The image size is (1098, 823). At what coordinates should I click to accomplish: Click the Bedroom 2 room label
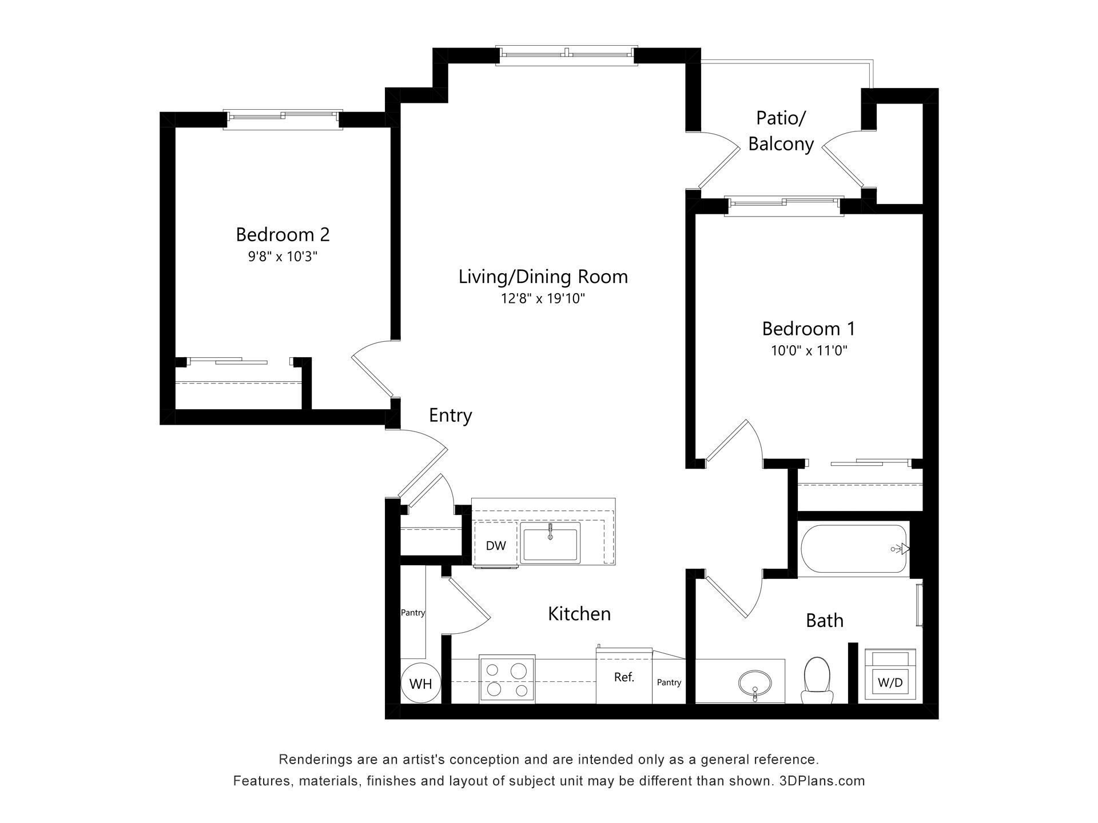(x=283, y=234)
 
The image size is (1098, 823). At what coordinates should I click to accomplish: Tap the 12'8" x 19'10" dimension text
(x=543, y=299)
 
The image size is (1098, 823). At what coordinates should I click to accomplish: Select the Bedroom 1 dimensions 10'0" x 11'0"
(x=809, y=351)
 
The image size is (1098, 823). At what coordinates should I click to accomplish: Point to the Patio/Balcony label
(x=781, y=131)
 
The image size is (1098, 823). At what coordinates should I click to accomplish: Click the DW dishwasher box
(x=496, y=545)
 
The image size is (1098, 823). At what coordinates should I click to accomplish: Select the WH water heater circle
(x=420, y=683)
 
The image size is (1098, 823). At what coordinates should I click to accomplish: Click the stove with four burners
(x=507, y=679)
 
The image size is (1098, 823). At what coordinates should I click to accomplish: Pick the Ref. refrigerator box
(x=624, y=677)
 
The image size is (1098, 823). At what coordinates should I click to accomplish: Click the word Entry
(x=450, y=416)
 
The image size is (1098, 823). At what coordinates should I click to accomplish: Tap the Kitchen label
(x=579, y=614)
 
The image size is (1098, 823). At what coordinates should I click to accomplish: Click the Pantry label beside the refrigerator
(x=669, y=682)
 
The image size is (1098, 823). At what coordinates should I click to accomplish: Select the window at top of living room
(x=566, y=55)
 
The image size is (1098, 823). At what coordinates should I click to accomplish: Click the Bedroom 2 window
(x=283, y=118)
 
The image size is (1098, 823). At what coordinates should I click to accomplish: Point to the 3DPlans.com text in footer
(x=822, y=781)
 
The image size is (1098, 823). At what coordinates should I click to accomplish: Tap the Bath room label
(x=824, y=620)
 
